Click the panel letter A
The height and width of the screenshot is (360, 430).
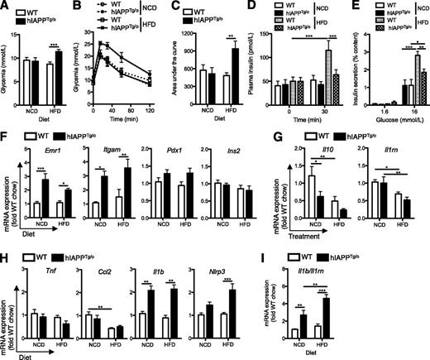coord(6,7)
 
